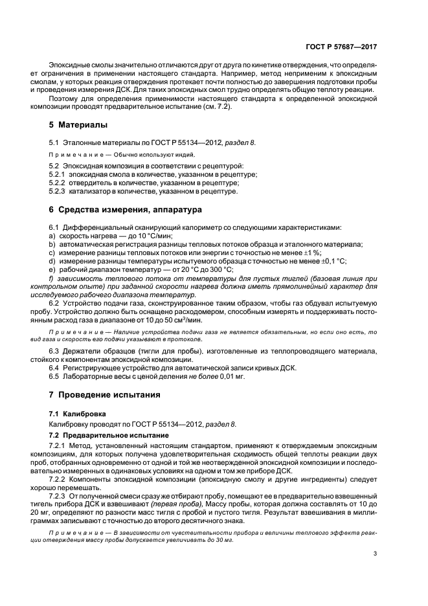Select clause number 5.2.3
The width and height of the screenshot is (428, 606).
58,192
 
